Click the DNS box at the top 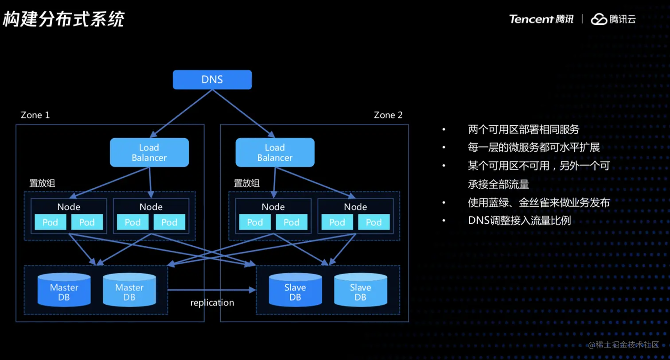click(x=212, y=80)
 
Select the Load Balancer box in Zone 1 click(x=149, y=152)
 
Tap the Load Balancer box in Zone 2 click(x=275, y=152)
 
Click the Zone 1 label click(x=35, y=115)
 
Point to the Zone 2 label click(x=388, y=115)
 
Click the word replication click(x=212, y=303)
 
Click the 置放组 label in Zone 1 click(x=42, y=183)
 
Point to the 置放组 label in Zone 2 click(x=246, y=183)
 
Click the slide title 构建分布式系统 click(x=63, y=19)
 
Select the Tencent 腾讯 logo click(x=541, y=19)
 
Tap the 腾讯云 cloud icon click(x=599, y=19)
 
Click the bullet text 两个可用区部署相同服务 click(x=523, y=129)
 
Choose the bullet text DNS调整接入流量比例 click(x=519, y=221)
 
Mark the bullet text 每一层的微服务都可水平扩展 click(x=534, y=147)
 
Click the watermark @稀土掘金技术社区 click(x=623, y=345)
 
